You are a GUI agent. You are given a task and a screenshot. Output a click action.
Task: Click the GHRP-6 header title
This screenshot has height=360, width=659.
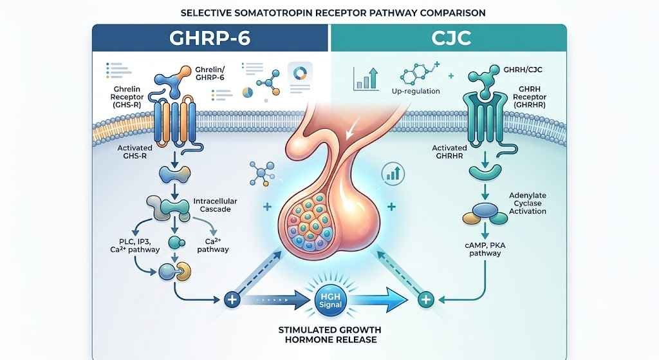pyautogui.click(x=210, y=38)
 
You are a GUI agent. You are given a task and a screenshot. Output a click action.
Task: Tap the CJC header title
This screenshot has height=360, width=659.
pyautogui.click(x=451, y=38)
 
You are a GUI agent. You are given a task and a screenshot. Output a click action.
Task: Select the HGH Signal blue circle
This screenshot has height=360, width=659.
pyautogui.click(x=330, y=300)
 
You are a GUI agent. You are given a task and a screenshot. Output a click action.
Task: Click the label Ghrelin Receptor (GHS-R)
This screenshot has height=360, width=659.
pyautogui.click(x=127, y=97)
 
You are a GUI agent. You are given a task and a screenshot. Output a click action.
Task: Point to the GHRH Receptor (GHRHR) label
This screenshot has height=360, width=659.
pyautogui.click(x=529, y=97)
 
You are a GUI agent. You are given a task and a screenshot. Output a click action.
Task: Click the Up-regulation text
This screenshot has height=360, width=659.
pyautogui.click(x=416, y=91)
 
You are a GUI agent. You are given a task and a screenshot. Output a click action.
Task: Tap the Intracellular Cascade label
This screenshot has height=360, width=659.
pyautogui.click(x=215, y=205)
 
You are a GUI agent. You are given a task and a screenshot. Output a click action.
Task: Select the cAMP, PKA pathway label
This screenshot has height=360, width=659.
pyautogui.click(x=485, y=249)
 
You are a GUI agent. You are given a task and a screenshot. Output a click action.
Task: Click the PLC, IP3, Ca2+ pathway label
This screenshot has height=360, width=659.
pyautogui.click(x=135, y=245)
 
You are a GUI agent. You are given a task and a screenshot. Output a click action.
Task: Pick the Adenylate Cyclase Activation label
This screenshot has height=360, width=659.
pyautogui.click(x=528, y=203)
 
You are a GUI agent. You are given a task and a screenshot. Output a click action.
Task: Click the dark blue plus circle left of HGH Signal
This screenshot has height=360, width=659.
pyautogui.click(x=232, y=300)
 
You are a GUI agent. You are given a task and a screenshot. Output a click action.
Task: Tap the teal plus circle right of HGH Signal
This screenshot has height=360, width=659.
pyautogui.click(x=426, y=300)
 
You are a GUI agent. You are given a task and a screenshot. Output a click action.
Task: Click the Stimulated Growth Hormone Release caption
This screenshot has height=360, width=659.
pyautogui.click(x=330, y=335)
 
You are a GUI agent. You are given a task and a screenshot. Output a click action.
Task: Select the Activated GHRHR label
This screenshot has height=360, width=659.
pyautogui.click(x=449, y=151)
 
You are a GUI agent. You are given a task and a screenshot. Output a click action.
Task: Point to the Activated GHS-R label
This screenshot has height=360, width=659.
pyautogui.click(x=135, y=151)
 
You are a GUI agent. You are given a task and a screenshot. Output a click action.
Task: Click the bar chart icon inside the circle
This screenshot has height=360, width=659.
pyautogui.click(x=393, y=173)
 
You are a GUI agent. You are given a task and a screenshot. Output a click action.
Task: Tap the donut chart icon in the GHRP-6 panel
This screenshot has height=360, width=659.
pyautogui.click(x=300, y=73)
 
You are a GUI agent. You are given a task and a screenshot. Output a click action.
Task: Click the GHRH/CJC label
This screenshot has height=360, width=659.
pyautogui.click(x=523, y=70)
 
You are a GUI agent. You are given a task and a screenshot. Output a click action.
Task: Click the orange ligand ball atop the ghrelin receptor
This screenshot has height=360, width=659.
pyautogui.click(x=185, y=72)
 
